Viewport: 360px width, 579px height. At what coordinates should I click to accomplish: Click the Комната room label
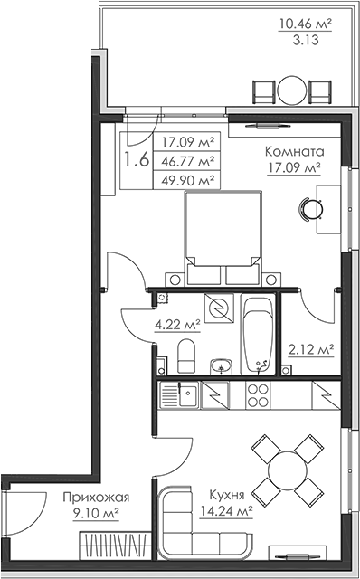coord(295,151)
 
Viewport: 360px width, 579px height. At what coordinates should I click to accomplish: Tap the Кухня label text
coord(227,495)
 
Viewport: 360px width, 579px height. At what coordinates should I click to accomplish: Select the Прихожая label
coord(96,498)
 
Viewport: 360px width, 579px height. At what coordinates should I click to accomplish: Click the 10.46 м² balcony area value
coord(305,24)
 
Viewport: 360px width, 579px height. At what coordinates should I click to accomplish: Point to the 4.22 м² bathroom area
coord(177,325)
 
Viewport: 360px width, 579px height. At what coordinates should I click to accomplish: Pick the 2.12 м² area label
coord(311,349)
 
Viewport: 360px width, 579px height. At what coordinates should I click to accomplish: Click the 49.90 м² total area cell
coord(189,181)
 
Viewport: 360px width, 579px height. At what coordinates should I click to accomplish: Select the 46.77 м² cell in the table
coord(189,161)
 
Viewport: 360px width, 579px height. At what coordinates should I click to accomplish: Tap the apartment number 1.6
coord(137,160)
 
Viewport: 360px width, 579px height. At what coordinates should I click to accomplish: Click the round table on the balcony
coord(292,90)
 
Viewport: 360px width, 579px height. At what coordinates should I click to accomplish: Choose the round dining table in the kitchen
coord(288,470)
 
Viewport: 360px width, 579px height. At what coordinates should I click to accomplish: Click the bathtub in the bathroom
coord(259,335)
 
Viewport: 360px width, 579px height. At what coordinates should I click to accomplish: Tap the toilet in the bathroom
coord(186,356)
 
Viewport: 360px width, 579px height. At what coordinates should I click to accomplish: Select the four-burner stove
coord(258,395)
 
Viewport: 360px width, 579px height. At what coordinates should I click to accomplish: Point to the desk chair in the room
coord(311,209)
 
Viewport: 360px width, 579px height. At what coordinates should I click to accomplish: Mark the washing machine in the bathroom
coord(219,308)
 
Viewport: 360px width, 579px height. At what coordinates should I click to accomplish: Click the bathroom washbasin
coord(222,366)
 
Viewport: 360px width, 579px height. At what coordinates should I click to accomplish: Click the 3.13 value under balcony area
coord(306,40)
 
